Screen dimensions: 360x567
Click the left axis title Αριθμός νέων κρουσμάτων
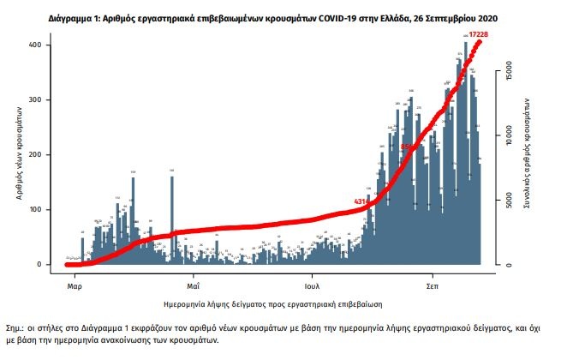(18, 155)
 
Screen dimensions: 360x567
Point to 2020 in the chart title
(483, 18)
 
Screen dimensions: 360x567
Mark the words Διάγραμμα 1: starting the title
(69, 18)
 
